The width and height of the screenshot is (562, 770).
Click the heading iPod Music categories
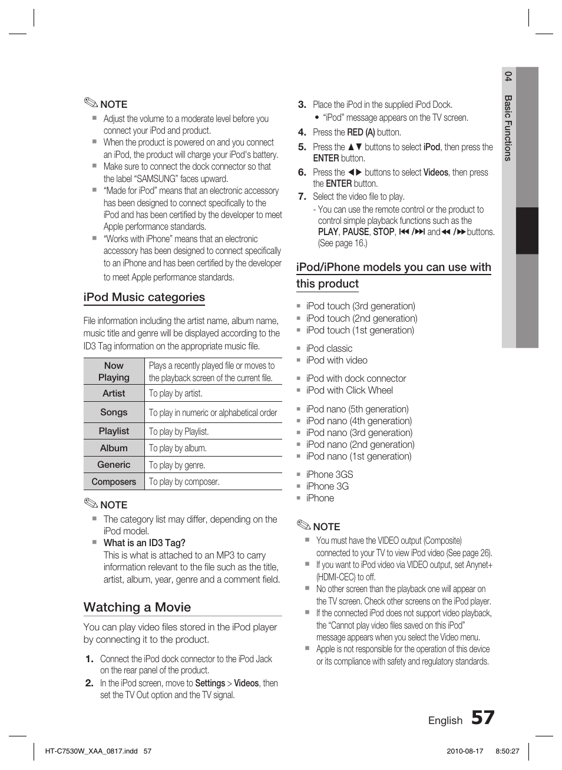tap(144, 298)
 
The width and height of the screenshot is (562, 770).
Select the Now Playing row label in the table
tap(114, 371)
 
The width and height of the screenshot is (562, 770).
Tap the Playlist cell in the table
tap(114, 431)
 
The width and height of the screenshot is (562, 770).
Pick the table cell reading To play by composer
tap(184, 482)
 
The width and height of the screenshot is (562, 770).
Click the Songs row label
tap(114, 412)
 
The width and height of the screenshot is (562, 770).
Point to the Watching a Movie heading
tap(137, 607)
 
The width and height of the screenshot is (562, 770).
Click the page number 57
tap(482, 718)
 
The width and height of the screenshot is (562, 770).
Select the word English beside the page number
tap(445, 721)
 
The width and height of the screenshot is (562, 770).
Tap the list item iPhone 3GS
tap(329, 474)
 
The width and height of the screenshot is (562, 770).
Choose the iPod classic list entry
tap(329, 348)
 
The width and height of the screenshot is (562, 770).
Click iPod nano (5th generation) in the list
tap(357, 409)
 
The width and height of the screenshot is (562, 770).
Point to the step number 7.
tap(302, 196)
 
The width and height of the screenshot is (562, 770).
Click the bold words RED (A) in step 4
tap(361, 133)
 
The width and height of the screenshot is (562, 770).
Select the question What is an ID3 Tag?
tap(144, 543)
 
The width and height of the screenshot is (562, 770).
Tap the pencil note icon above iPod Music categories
tap(91, 103)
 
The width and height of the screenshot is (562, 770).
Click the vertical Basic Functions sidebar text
tap(508, 128)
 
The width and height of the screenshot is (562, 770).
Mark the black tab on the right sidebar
tap(527, 230)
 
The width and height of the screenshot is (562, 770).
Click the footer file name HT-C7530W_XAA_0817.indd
tap(91, 751)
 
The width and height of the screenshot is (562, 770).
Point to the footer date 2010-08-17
tap(465, 751)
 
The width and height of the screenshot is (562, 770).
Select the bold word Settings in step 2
tap(210, 683)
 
